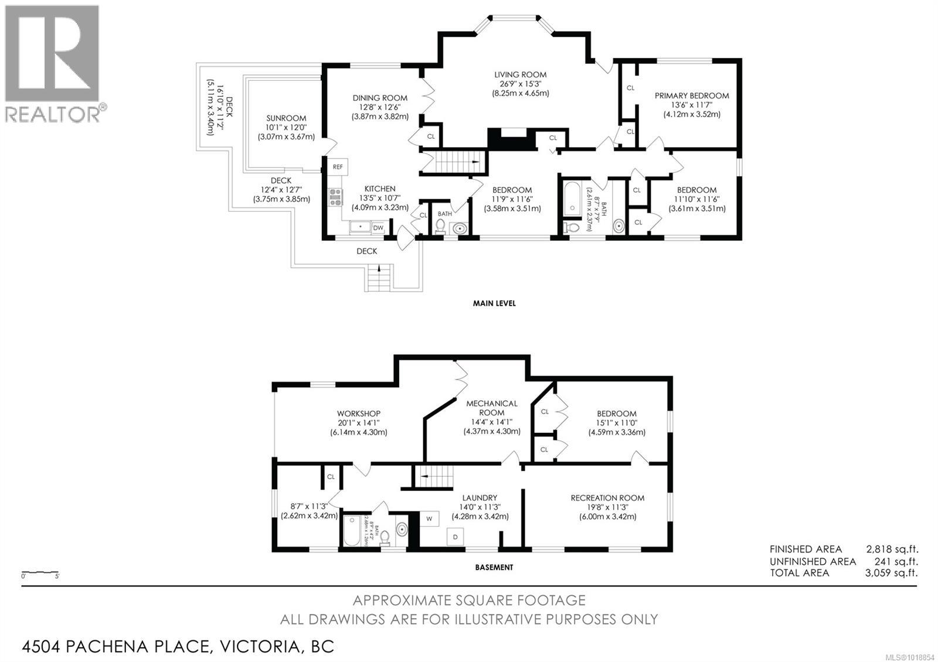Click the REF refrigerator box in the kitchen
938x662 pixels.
(x=338, y=166)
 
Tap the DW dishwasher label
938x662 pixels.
(x=378, y=228)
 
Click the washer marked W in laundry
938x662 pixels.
(x=429, y=518)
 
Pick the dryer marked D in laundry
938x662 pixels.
(x=456, y=536)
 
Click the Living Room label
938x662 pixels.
(x=520, y=74)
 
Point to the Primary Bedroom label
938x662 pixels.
(x=692, y=95)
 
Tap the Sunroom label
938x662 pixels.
(x=286, y=118)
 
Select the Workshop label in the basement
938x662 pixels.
(x=358, y=414)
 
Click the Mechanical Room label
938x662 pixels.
(x=492, y=407)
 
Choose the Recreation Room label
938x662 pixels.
(x=607, y=498)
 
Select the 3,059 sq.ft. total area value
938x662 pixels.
(x=891, y=573)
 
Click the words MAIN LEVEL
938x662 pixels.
(x=494, y=303)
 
